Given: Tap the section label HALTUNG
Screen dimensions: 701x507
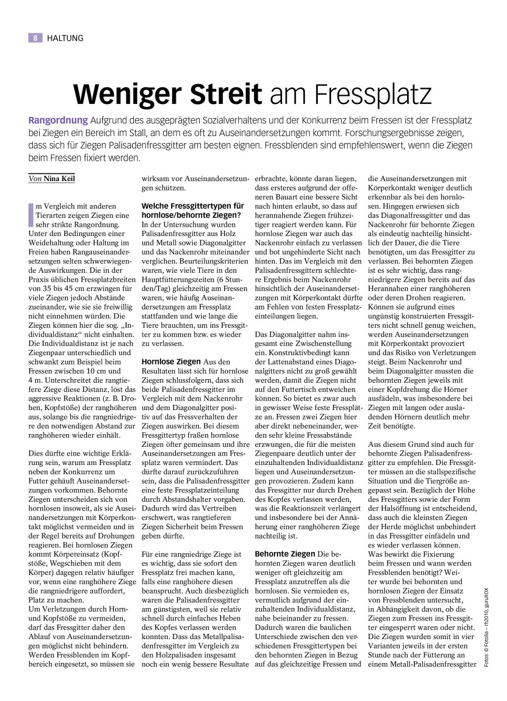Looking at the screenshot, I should [x=65, y=38].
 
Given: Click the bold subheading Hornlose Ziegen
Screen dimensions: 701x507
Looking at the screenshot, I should [x=171, y=362].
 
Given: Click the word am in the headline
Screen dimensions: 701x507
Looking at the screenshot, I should [x=287, y=93].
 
